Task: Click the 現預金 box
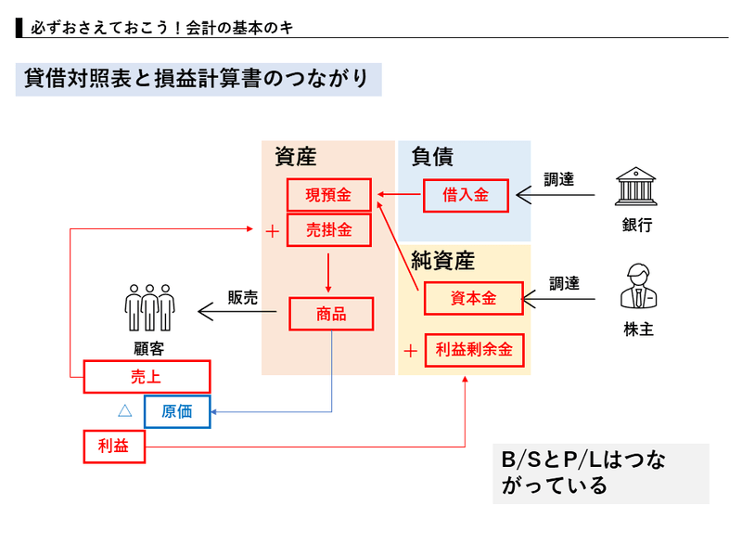pyautogui.click(x=329, y=195)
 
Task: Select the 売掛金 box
pyautogui.click(x=329, y=228)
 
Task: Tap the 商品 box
pyautogui.click(x=330, y=314)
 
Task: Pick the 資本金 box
pyautogui.click(x=473, y=298)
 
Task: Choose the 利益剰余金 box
pyautogui.click(x=473, y=351)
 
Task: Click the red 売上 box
pyautogui.click(x=147, y=376)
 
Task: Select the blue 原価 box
pyautogui.click(x=176, y=411)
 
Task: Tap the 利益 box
pyautogui.click(x=115, y=447)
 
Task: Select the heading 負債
pyautogui.click(x=432, y=157)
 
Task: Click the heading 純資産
pyautogui.click(x=443, y=260)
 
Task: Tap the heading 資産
pyautogui.click(x=296, y=158)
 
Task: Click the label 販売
pyautogui.click(x=243, y=297)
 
